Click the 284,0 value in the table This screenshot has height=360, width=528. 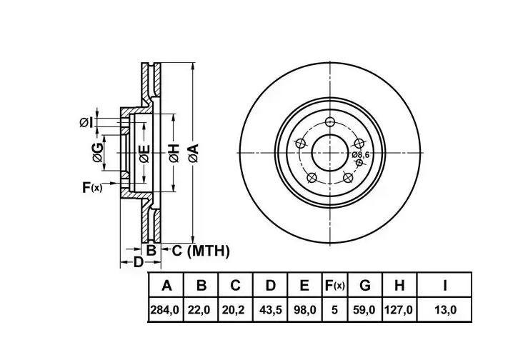coord(164,309)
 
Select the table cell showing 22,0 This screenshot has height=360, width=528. coord(200,309)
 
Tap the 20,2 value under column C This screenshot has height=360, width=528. coord(235,309)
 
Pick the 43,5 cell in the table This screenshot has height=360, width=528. coord(270,309)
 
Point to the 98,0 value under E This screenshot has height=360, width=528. coord(304,309)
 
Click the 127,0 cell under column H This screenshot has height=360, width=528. coord(399,309)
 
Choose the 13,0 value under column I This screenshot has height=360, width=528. coord(445,309)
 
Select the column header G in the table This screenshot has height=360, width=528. coord(365,286)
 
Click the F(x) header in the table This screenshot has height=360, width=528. coord(334,286)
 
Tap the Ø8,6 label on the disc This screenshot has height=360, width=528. coord(361,155)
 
